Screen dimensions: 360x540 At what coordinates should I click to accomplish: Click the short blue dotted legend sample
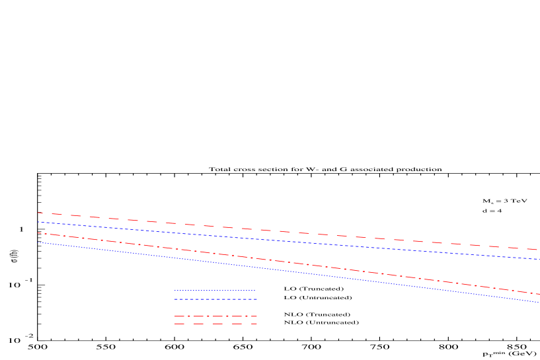pos(215,291)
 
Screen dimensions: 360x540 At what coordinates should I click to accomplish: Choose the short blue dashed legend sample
pos(215,299)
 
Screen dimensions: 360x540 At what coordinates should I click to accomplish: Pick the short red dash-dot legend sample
pos(215,316)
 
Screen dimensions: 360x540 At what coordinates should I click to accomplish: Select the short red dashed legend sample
pos(215,324)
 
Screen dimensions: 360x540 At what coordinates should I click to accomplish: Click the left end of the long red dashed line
pos(38,213)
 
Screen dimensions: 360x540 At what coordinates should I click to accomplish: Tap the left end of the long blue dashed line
pos(38,222)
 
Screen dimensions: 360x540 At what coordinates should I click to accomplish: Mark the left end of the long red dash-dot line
pos(38,233)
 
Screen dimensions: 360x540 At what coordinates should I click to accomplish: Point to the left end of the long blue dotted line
pos(38,242)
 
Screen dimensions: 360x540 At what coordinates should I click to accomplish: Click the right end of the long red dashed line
pos(539,250)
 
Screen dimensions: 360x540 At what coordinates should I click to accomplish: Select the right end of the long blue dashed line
pos(539,259)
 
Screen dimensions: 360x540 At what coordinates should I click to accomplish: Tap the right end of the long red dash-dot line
pos(539,294)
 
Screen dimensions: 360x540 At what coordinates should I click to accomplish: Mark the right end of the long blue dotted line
pos(539,303)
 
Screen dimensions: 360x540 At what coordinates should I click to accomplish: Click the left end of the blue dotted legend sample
pos(174,291)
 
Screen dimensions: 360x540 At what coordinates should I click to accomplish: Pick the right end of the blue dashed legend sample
pos(256,299)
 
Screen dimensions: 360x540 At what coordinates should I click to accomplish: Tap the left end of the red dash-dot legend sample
pos(174,316)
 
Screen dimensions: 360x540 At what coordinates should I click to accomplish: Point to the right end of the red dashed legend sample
pos(256,324)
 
